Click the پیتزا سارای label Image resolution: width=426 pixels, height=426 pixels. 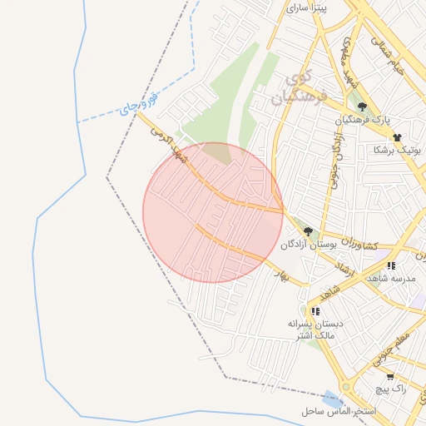307,7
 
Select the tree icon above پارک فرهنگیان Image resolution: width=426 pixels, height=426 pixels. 362,106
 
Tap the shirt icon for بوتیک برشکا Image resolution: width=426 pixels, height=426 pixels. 397,136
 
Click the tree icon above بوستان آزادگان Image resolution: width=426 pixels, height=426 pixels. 308,231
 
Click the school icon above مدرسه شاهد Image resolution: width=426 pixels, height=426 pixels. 391,265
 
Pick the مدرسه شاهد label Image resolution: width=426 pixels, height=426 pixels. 390,279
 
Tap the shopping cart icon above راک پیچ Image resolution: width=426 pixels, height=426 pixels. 390,376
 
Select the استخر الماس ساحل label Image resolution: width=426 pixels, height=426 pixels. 340,412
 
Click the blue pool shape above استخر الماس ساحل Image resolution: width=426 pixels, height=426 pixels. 334,399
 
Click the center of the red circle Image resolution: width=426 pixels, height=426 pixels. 213,212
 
